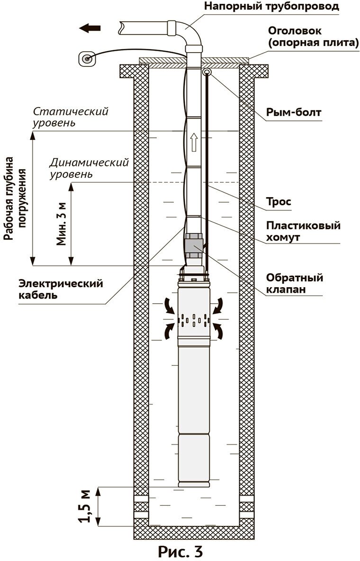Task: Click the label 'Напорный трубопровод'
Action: pyautogui.click(x=271, y=7)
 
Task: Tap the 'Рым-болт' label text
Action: pyautogui.click(x=294, y=113)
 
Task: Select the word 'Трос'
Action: pyautogui.click(x=279, y=202)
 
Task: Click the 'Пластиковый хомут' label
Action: pyautogui.click(x=303, y=231)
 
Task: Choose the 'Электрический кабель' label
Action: pyautogui.click(x=61, y=289)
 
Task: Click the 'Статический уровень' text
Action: pyautogui.click(x=71, y=117)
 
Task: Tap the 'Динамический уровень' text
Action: pyautogui.click(x=89, y=168)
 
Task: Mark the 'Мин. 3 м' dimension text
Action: pyautogui.click(x=62, y=222)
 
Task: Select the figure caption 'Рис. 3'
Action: pyautogui.click(x=180, y=551)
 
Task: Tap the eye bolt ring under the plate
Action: pyautogui.click(x=207, y=72)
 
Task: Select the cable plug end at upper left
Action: pyautogui.click(x=87, y=59)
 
